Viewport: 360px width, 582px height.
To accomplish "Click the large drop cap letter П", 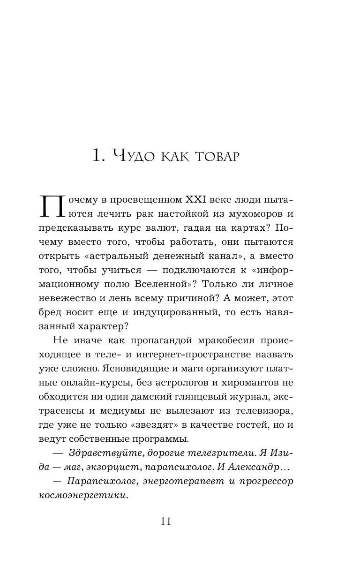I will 52,206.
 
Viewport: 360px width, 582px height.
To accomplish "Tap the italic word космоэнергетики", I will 83,495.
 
